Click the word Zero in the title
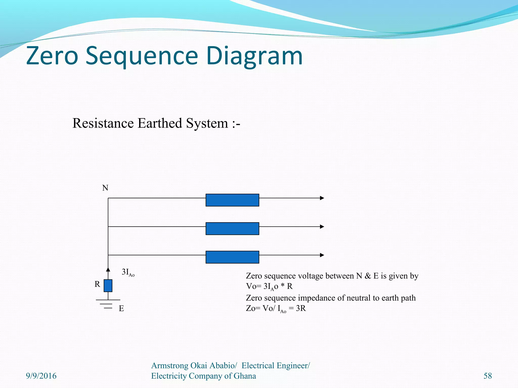coord(52,56)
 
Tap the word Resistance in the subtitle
coord(103,123)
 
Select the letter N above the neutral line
coord(105,188)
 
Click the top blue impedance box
coord(232,200)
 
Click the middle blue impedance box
coord(232,229)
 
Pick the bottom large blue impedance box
coord(232,257)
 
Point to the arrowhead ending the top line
coord(322,198)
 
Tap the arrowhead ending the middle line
coord(322,227)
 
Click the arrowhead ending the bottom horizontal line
coord(322,255)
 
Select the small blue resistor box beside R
coord(108,286)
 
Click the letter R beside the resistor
coord(97,284)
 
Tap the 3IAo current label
coord(128,272)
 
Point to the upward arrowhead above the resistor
coord(108,270)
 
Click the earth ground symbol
coord(108,304)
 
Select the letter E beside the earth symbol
coord(121,309)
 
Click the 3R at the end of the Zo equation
coord(301,308)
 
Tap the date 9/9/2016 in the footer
coord(41,376)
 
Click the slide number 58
coord(488,376)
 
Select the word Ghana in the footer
coord(245,376)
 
